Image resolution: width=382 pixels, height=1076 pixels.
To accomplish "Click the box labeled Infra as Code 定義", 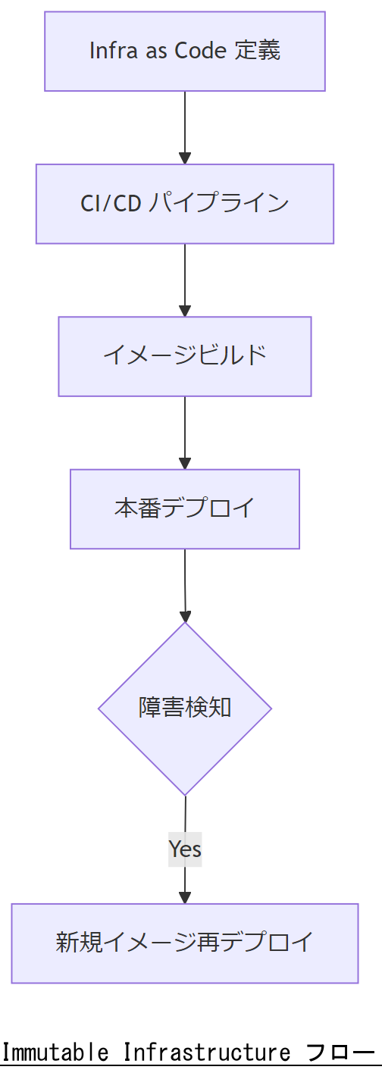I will click(185, 52).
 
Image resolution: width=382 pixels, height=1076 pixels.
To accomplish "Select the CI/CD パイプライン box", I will click(185, 204).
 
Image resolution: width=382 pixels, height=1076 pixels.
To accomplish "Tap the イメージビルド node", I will click(185, 356).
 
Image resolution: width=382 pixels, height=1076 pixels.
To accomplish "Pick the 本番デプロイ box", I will click(185, 508).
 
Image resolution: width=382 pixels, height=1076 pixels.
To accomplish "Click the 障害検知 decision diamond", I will click(185, 708).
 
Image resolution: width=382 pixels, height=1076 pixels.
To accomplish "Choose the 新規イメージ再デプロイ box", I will click(185, 943).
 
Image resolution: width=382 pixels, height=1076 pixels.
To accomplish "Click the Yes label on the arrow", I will click(185, 849).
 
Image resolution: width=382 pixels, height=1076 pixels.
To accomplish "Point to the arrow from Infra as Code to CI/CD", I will click(185, 127).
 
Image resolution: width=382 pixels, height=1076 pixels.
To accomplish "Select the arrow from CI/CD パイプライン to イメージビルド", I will click(185, 279).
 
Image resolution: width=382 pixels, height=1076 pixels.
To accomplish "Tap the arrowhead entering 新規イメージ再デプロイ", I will click(185, 897).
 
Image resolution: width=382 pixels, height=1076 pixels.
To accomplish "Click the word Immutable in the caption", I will click(55, 1053).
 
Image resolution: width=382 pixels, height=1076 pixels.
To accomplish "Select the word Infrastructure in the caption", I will click(206, 1053).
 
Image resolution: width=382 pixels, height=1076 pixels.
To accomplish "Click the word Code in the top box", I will click(201, 52).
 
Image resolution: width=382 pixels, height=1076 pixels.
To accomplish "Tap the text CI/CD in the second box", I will click(111, 204).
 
